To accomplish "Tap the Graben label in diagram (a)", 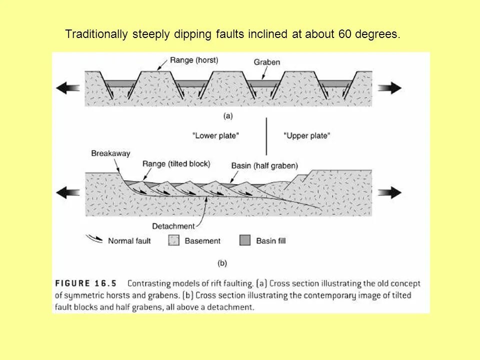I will coord(266,62).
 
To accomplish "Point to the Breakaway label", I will coord(110,154).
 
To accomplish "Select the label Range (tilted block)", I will coord(176,163).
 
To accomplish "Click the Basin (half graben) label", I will coord(264,165).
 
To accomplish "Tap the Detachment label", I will coord(174,226).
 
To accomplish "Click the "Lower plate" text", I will coord(216,135).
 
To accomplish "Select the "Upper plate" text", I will coord(306,135).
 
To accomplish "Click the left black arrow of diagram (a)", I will coord(68,87).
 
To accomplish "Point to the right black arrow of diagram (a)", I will coord(389,88).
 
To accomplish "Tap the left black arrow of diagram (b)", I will coord(68,192).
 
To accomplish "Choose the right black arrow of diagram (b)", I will coord(389,192).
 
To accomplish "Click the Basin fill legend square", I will coord(245,240).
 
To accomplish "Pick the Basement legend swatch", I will coord(174,240).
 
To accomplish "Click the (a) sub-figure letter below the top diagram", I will coord(227,116).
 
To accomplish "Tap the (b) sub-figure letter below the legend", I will coord(222,262).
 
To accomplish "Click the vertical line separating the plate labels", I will coord(266,136).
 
